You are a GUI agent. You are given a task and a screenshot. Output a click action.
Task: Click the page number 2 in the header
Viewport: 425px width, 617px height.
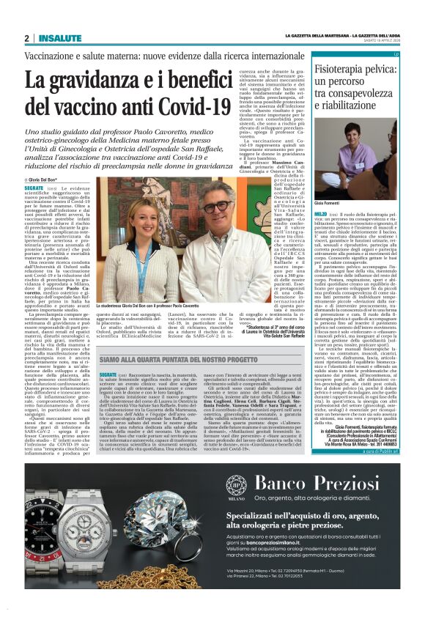click(26, 38)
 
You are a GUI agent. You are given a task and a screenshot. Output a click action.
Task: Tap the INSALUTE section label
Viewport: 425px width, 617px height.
click(56, 38)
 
